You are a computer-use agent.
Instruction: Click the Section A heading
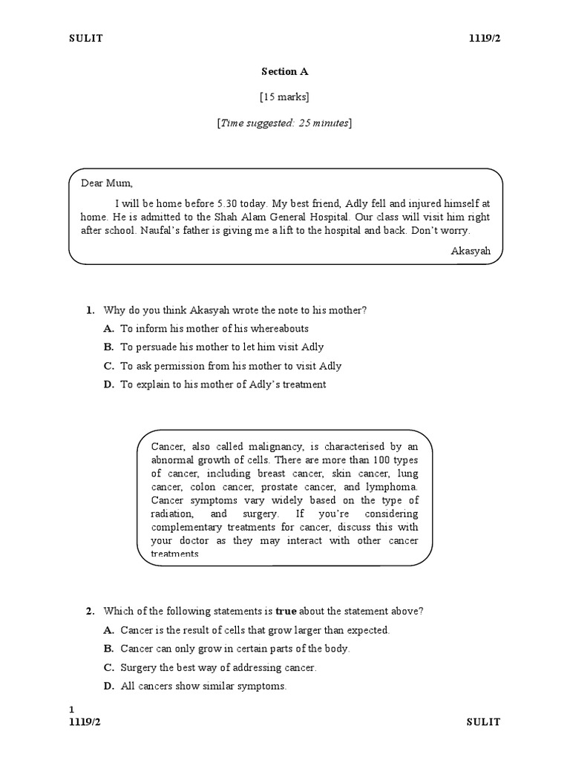click(284, 72)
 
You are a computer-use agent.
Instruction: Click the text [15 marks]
click(284, 97)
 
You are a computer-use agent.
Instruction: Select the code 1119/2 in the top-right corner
click(485, 39)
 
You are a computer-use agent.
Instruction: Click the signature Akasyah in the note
click(471, 251)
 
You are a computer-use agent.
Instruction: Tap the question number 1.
click(90, 310)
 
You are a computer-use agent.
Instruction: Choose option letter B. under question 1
click(108, 347)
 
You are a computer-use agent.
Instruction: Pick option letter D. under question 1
click(108, 384)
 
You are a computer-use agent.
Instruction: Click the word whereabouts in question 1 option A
click(279, 329)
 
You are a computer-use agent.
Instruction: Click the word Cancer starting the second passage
click(167, 446)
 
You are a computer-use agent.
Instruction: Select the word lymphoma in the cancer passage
click(392, 487)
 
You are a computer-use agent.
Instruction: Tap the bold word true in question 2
click(286, 612)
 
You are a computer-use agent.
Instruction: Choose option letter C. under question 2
click(108, 668)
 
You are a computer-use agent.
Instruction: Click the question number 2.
click(90, 612)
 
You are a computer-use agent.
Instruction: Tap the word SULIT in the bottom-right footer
click(484, 722)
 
